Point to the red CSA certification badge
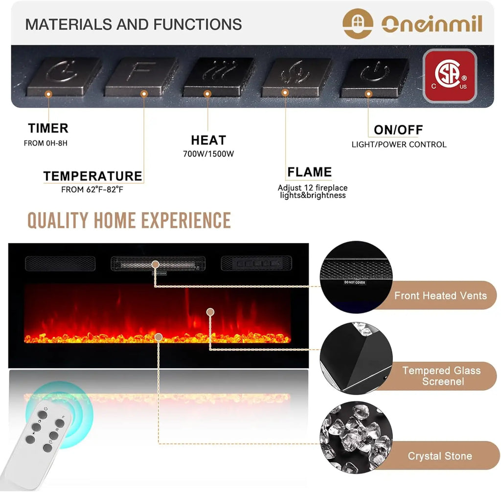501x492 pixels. point(450,76)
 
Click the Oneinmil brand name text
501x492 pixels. point(432,23)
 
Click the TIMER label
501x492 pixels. point(48,129)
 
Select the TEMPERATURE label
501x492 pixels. point(92,176)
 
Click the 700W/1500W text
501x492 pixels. point(208,154)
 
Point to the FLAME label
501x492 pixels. point(309,172)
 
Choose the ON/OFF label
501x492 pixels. point(398,130)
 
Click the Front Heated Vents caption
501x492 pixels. point(440,295)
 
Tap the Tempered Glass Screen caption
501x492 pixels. point(441,376)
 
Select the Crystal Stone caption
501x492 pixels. point(440,456)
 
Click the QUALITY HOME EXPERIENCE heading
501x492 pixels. point(129,221)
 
